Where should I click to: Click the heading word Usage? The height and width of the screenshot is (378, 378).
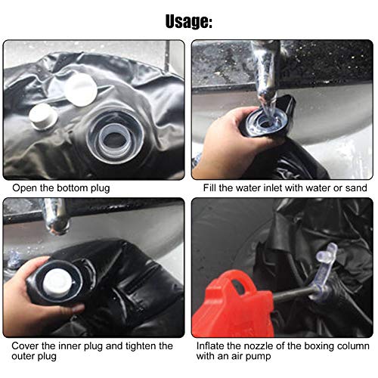point(189,21)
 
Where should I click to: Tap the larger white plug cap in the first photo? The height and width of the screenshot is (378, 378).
point(80,90)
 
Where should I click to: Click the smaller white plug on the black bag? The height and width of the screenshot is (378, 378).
point(43,116)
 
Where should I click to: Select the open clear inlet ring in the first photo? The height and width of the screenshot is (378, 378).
point(115,138)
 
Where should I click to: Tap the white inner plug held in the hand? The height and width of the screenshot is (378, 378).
point(57,283)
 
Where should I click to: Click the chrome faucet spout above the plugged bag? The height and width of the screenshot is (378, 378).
point(55,216)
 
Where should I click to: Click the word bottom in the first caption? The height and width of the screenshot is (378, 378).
point(73,188)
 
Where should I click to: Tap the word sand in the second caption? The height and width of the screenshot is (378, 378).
point(356,188)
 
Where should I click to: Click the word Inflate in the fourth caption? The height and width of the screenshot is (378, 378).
point(210,346)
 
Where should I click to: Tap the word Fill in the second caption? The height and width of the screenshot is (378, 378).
point(209,188)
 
